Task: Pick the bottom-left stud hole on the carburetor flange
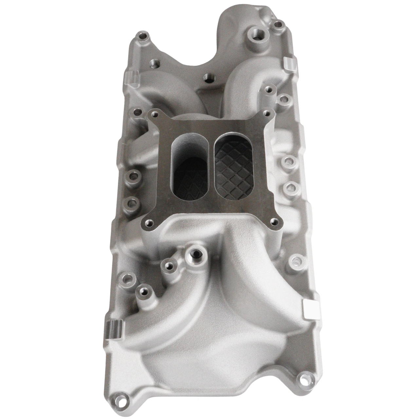point(150,224)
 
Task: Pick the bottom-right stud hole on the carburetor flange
point(273,222)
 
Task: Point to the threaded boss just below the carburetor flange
point(196,253)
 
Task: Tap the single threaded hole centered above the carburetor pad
point(207,78)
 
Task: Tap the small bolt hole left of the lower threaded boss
point(169,265)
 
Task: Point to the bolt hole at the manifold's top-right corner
point(279,24)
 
